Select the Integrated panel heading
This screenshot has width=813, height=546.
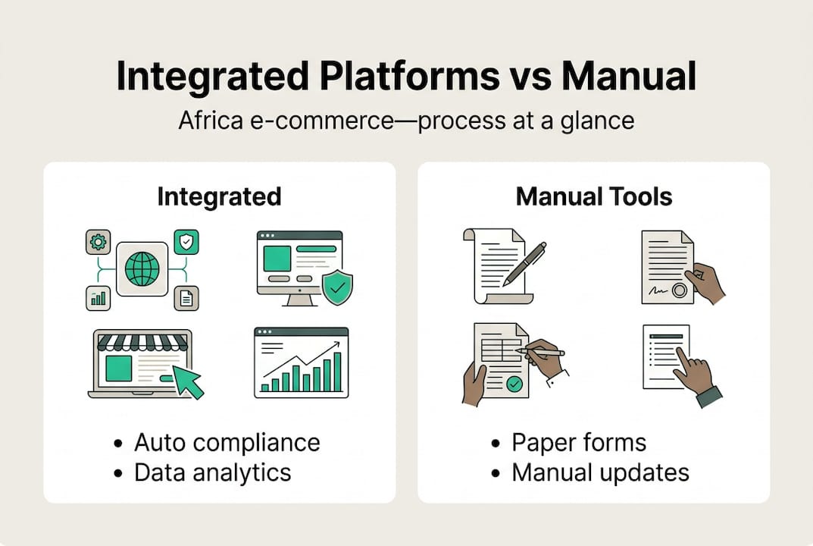219,196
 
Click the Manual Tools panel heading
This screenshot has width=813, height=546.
593,196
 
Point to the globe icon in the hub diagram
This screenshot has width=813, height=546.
142,268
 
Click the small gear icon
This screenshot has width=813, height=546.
98,242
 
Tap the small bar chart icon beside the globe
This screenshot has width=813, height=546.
98,298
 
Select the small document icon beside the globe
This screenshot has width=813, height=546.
186,298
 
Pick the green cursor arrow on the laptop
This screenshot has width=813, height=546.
187,381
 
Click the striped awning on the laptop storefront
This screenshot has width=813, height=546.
142,341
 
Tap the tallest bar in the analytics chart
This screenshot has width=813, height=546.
336,372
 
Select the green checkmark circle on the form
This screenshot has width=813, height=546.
514,384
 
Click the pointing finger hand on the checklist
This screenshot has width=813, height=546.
693,370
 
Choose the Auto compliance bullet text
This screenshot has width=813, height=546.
227,442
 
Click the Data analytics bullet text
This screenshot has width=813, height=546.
212,472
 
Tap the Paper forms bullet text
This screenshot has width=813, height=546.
579,442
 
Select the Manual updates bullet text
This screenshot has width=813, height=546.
600,472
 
